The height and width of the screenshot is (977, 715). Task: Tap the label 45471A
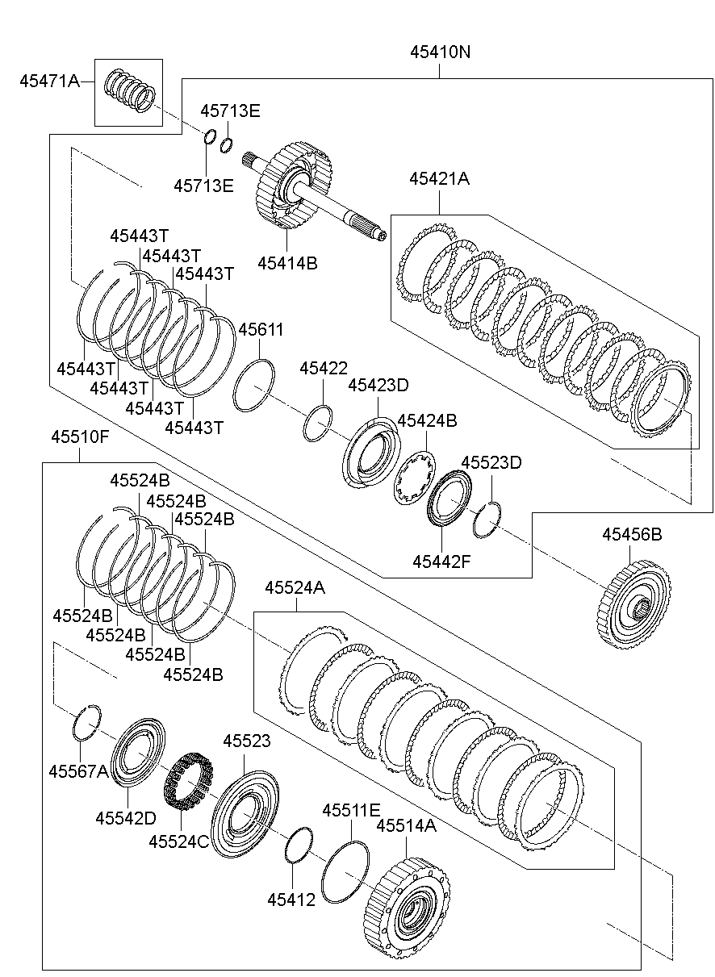pos(49,81)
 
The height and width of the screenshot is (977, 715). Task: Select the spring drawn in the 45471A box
pos(130,91)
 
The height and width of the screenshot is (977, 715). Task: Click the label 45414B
pos(287,262)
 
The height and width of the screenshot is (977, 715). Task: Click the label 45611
pos(261,329)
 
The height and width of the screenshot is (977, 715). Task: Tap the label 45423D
pos(378,386)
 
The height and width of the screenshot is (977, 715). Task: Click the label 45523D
pos(491,462)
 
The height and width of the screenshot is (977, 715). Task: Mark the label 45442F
pos(441,560)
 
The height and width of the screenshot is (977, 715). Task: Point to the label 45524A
pos(295,588)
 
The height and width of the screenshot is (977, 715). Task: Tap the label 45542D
pos(125,817)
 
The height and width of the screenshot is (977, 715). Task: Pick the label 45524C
pos(179,841)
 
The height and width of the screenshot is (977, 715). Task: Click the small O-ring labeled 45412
pos(298,843)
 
